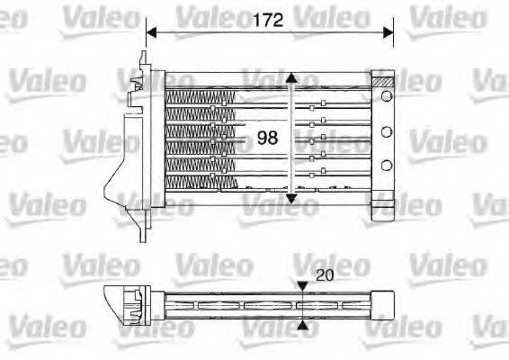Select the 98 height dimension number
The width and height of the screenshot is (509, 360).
tap(268, 138)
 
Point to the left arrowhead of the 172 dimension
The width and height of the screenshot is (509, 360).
tap(151, 32)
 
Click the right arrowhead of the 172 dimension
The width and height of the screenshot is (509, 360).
tap(388, 32)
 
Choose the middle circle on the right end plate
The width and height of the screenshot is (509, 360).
tap(387, 134)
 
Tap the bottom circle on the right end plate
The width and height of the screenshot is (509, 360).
tap(387, 164)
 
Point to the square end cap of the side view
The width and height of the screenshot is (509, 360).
tap(384, 303)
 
